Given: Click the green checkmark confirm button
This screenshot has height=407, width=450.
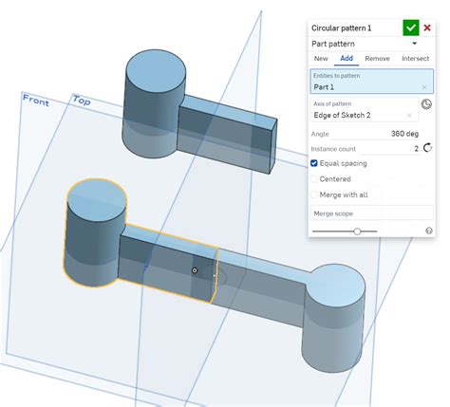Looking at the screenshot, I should click(410, 28).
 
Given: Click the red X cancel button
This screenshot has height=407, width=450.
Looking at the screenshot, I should click(427, 28).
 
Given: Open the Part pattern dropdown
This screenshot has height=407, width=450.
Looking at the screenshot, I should click(414, 44).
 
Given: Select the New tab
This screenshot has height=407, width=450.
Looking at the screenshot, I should click(321, 59).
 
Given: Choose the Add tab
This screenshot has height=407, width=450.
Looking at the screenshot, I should click(347, 59).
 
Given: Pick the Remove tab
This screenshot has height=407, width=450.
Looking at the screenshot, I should click(377, 59).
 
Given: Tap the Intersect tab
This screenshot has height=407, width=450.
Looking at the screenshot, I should click(415, 59).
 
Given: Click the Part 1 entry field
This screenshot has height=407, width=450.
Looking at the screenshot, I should click(366, 87).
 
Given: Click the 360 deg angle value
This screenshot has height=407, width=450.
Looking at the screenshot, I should click(405, 134).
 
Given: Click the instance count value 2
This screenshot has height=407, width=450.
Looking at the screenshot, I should click(416, 149).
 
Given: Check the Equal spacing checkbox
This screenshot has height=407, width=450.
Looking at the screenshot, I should click(315, 163).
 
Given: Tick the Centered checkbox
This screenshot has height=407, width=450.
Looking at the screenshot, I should click(315, 178).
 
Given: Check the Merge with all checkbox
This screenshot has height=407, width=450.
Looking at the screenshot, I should click(315, 194).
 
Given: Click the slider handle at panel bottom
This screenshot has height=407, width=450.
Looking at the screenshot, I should click(357, 231).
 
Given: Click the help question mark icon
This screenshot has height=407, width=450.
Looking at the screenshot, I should click(429, 231).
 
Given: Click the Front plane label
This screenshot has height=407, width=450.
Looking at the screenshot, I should click(36, 100).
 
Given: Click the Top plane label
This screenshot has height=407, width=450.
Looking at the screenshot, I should click(81, 100).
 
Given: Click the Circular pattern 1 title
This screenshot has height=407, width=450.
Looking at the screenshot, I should click(342, 28).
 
